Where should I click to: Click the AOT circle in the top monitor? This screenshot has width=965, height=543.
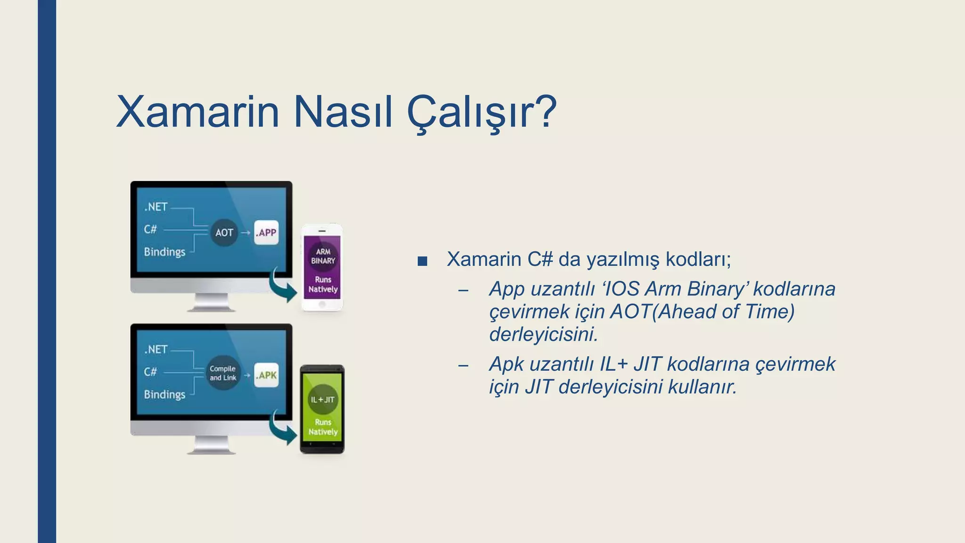click(x=224, y=232)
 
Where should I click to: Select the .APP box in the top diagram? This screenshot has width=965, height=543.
click(x=266, y=232)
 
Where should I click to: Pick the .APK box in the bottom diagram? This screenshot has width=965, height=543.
click(x=266, y=375)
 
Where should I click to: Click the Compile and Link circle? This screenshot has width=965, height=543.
click(x=223, y=373)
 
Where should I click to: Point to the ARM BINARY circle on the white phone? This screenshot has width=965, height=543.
click(x=323, y=256)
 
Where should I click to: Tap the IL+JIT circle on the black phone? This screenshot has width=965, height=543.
click(x=323, y=399)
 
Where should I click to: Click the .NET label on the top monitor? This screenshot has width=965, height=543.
click(x=156, y=207)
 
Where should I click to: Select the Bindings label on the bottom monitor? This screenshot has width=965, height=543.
click(x=164, y=394)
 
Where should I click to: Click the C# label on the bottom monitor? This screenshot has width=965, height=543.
click(x=150, y=372)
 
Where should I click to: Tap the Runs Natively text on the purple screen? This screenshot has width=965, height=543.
click(x=323, y=284)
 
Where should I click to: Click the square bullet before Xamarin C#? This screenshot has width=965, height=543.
click(x=422, y=261)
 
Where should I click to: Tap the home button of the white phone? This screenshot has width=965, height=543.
click(x=322, y=304)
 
